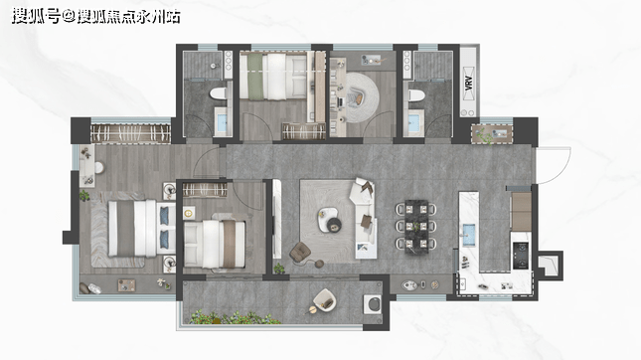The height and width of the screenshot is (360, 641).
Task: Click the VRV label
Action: (x=469, y=84)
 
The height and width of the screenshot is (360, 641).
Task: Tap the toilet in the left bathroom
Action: (x=219, y=93)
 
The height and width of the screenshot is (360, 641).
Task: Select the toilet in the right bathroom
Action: (x=416, y=95)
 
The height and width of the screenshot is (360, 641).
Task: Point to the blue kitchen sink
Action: (x=469, y=235)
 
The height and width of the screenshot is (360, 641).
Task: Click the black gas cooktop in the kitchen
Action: (x=521, y=256)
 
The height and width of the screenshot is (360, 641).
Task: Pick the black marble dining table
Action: (x=416, y=226)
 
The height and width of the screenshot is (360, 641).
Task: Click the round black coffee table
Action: (x=335, y=224)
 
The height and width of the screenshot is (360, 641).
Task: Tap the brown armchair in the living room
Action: (x=300, y=252)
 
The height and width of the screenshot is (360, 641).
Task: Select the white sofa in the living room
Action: (x=365, y=218)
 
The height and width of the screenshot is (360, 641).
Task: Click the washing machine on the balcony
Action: (x=373, y=304)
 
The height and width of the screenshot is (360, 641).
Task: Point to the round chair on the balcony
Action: (x=325, y=300)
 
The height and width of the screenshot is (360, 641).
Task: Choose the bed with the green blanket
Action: (x=273, y=77)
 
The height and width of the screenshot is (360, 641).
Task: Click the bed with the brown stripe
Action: (x=215, y=245)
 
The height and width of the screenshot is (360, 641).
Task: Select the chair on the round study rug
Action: (x=354, y=97)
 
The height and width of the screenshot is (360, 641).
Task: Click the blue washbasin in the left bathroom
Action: (x=222, y=122)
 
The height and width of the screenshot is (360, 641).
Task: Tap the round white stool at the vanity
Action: (x=99, y=167)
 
